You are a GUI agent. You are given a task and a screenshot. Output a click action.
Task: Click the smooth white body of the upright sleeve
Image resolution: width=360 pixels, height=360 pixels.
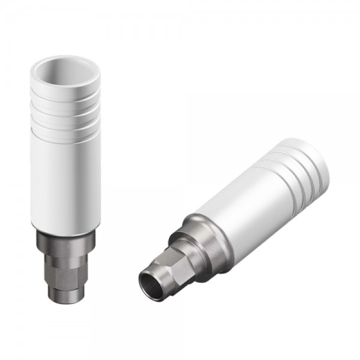click(x=65, y=180)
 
